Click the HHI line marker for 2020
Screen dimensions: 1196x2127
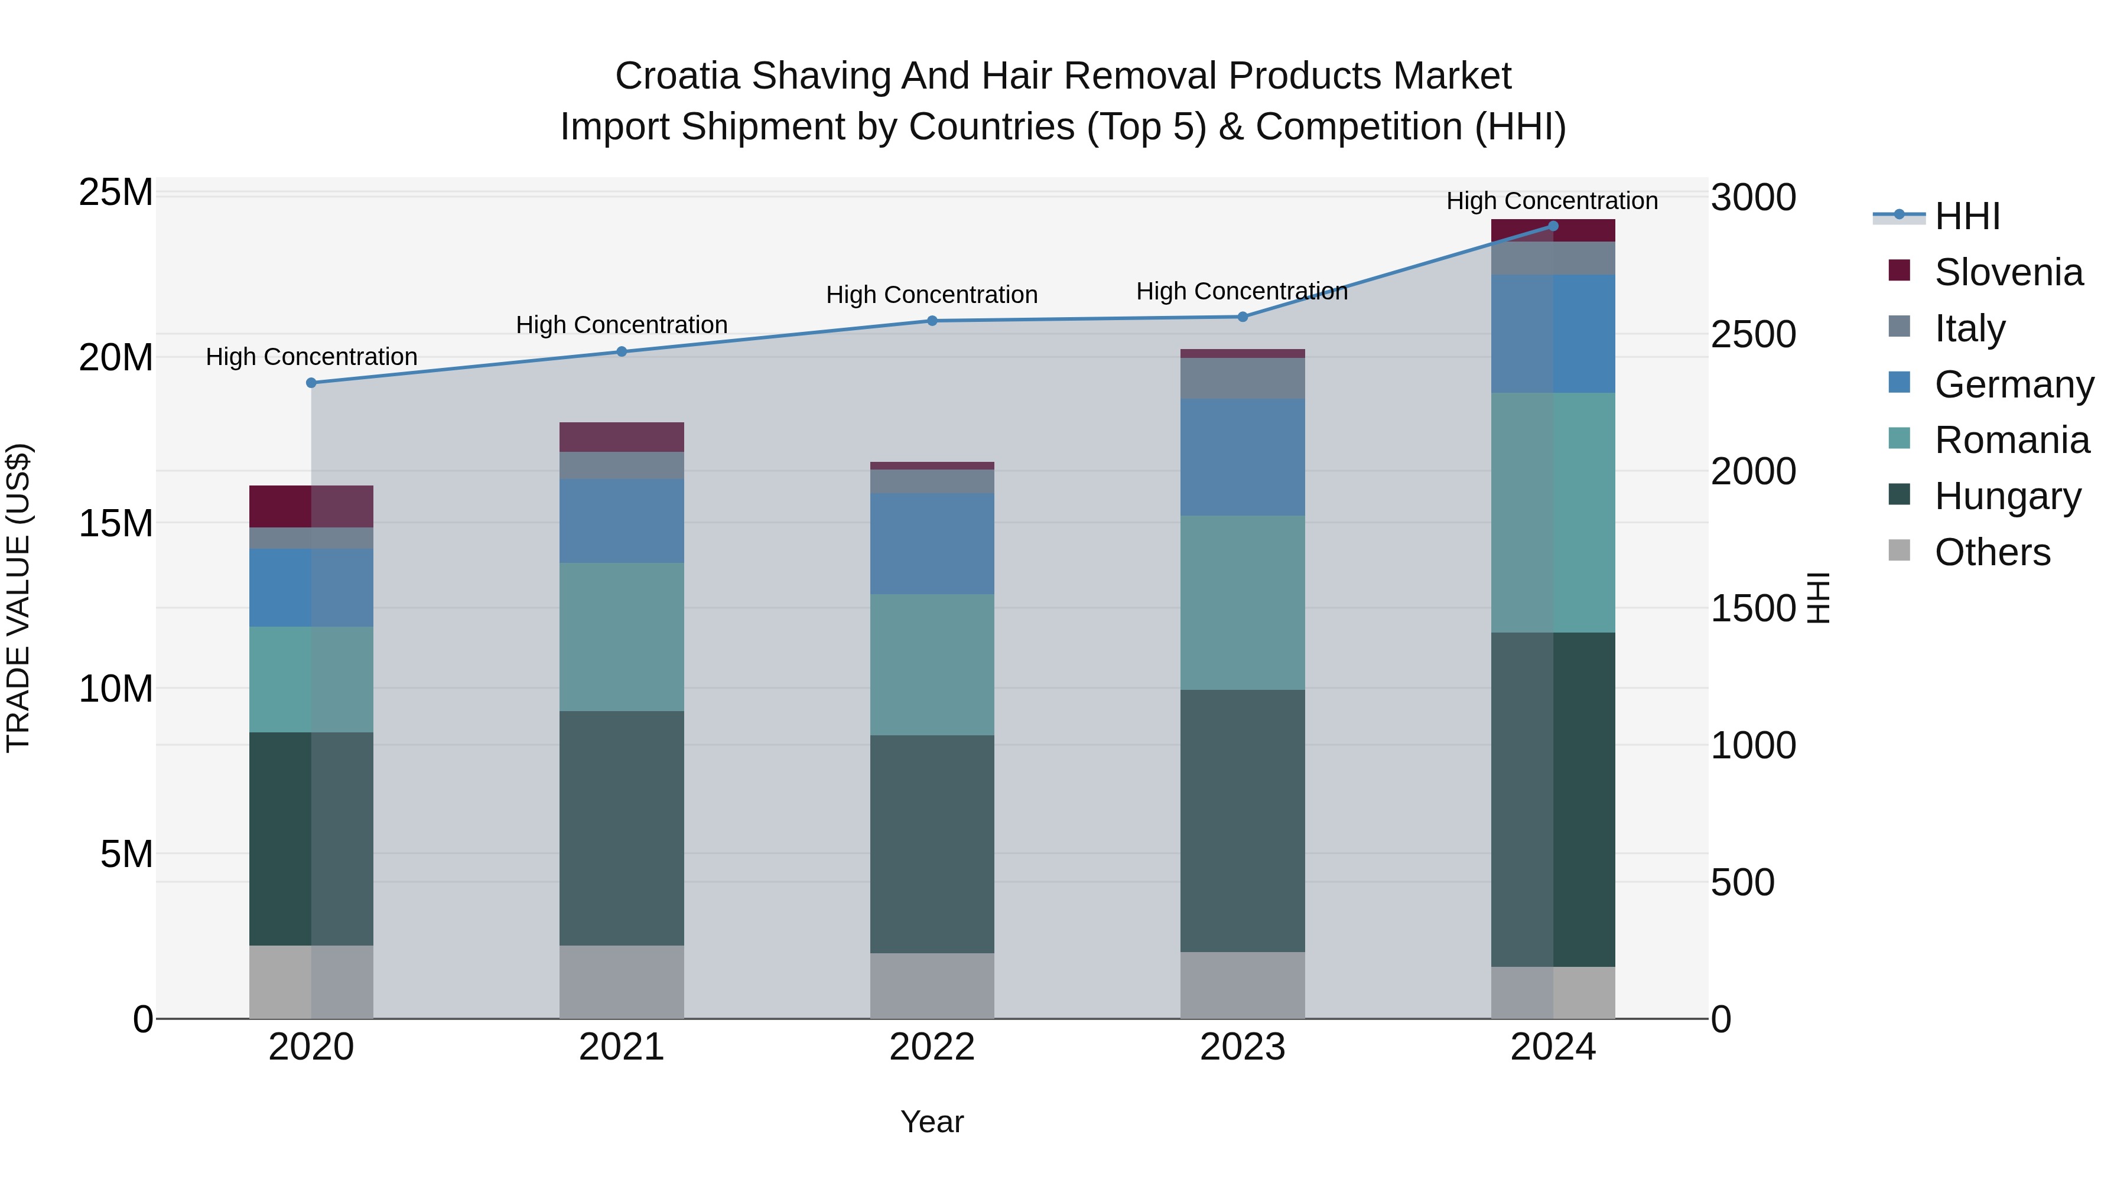point(311,383)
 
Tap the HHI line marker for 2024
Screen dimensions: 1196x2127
point(1553,226)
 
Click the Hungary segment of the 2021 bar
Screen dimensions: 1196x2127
point(622,828)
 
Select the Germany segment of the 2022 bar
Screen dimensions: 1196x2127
point(932,543)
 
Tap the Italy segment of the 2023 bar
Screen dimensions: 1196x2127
point(1243,378)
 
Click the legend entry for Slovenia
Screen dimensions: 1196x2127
point(2008,272)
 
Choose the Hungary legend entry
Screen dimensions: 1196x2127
point(2006,496)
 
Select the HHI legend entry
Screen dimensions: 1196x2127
point(1967,216)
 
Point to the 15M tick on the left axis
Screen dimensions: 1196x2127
point(116,523)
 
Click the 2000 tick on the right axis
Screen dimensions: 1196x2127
point(1753,471)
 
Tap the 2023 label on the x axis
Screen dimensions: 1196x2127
point(1243,1047)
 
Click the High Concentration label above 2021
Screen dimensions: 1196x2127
point(622,325)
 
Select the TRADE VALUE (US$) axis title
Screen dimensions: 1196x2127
point(18,598)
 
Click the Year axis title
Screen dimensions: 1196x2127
point(932,1122)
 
